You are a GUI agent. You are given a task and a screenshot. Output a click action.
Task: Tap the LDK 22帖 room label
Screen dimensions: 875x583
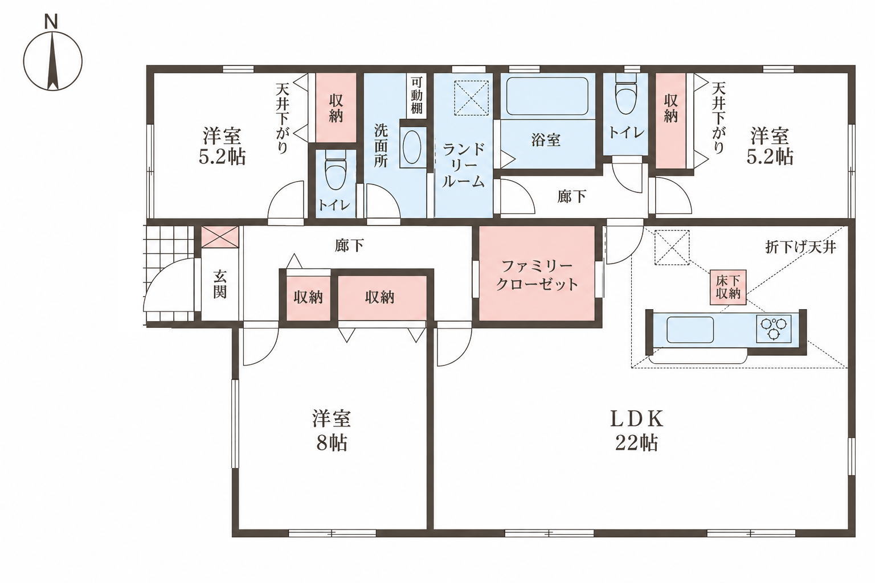pos(637,431)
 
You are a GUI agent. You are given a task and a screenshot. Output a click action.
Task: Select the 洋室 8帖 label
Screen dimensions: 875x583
pos(331,431)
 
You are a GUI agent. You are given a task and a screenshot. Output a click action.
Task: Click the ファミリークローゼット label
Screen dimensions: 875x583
pos(537,276)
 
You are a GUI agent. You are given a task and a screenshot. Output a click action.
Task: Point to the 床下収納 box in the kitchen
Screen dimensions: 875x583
pos(728,288)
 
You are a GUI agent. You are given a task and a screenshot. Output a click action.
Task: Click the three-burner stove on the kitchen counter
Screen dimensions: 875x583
pos(774,329)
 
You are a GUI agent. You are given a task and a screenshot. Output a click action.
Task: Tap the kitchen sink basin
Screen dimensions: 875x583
pos(690,330)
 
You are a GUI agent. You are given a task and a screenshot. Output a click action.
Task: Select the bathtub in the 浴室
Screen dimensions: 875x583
pos(547,96)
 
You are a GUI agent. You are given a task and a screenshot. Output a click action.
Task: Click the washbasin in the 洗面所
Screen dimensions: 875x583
pos(412,147)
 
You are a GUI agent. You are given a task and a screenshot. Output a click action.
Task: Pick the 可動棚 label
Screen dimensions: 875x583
pos(416,96)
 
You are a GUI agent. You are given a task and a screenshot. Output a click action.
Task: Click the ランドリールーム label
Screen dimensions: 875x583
pos(463,165)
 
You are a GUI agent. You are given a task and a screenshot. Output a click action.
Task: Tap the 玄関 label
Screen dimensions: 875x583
pos(219,284)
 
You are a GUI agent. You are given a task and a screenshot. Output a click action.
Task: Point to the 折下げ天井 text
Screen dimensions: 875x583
pos(800,247)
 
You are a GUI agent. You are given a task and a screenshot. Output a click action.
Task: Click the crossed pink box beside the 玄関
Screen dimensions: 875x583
pos(220,237)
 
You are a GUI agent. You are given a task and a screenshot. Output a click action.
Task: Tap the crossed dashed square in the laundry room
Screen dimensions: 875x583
pos(472,97)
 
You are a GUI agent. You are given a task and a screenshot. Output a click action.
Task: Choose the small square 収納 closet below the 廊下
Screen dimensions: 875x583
pos(308,298)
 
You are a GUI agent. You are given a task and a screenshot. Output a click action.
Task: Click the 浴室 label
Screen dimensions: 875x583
pos(546,140)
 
